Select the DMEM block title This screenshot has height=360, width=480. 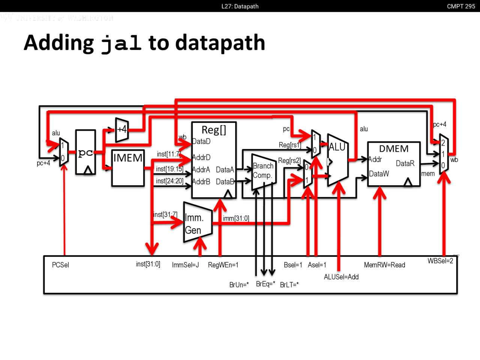click(394, 149)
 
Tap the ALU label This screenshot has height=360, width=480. click(337, 147)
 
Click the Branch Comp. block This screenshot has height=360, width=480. click(263, 171)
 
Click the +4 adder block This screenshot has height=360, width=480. click(122, 130)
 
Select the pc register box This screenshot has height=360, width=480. click(85, 152)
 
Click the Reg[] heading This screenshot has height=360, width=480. click(214, 130)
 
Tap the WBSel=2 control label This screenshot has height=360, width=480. click(440, 261)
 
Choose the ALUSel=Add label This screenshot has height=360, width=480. click(341, 277)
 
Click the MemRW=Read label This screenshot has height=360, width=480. click(384, 265)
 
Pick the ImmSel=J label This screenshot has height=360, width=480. click(185, 265)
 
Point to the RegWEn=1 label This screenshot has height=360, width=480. click(223, 265)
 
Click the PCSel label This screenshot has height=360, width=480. click(60, 265)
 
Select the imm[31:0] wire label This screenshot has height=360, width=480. click(236, 218)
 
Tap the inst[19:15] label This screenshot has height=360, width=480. click(169, 169)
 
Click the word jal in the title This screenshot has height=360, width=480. click(121, 43)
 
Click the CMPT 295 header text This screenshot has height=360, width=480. click(461, 6)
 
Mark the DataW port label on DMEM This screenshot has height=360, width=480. click(379, 174)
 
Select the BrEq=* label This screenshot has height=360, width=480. click(265, 284)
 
